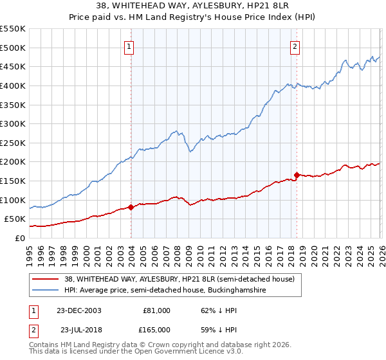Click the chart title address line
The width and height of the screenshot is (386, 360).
pyautogui.click(x=193, y=6)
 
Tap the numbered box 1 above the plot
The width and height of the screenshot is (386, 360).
pyautogui.click(x=129, y=46)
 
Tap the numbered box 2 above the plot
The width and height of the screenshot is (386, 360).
pyautogui.click(x=295, y=46)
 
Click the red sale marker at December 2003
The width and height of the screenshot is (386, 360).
pyautogui.click(x=131, y=207)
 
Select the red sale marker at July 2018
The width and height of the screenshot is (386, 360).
pyautogui.click(x=297, y=175)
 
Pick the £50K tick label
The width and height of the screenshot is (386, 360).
pyautogui.click(x=15, y=219)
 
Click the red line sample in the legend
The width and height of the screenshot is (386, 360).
pyautogui.click(x=46, y=280)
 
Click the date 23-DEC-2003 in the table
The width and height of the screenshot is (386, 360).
pyautogui.click(x=78, y=310)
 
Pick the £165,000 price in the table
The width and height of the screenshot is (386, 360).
pyautogui.click(x=157, y=329)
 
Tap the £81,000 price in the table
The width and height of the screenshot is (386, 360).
pyautogui.click(x=157, y=310)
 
